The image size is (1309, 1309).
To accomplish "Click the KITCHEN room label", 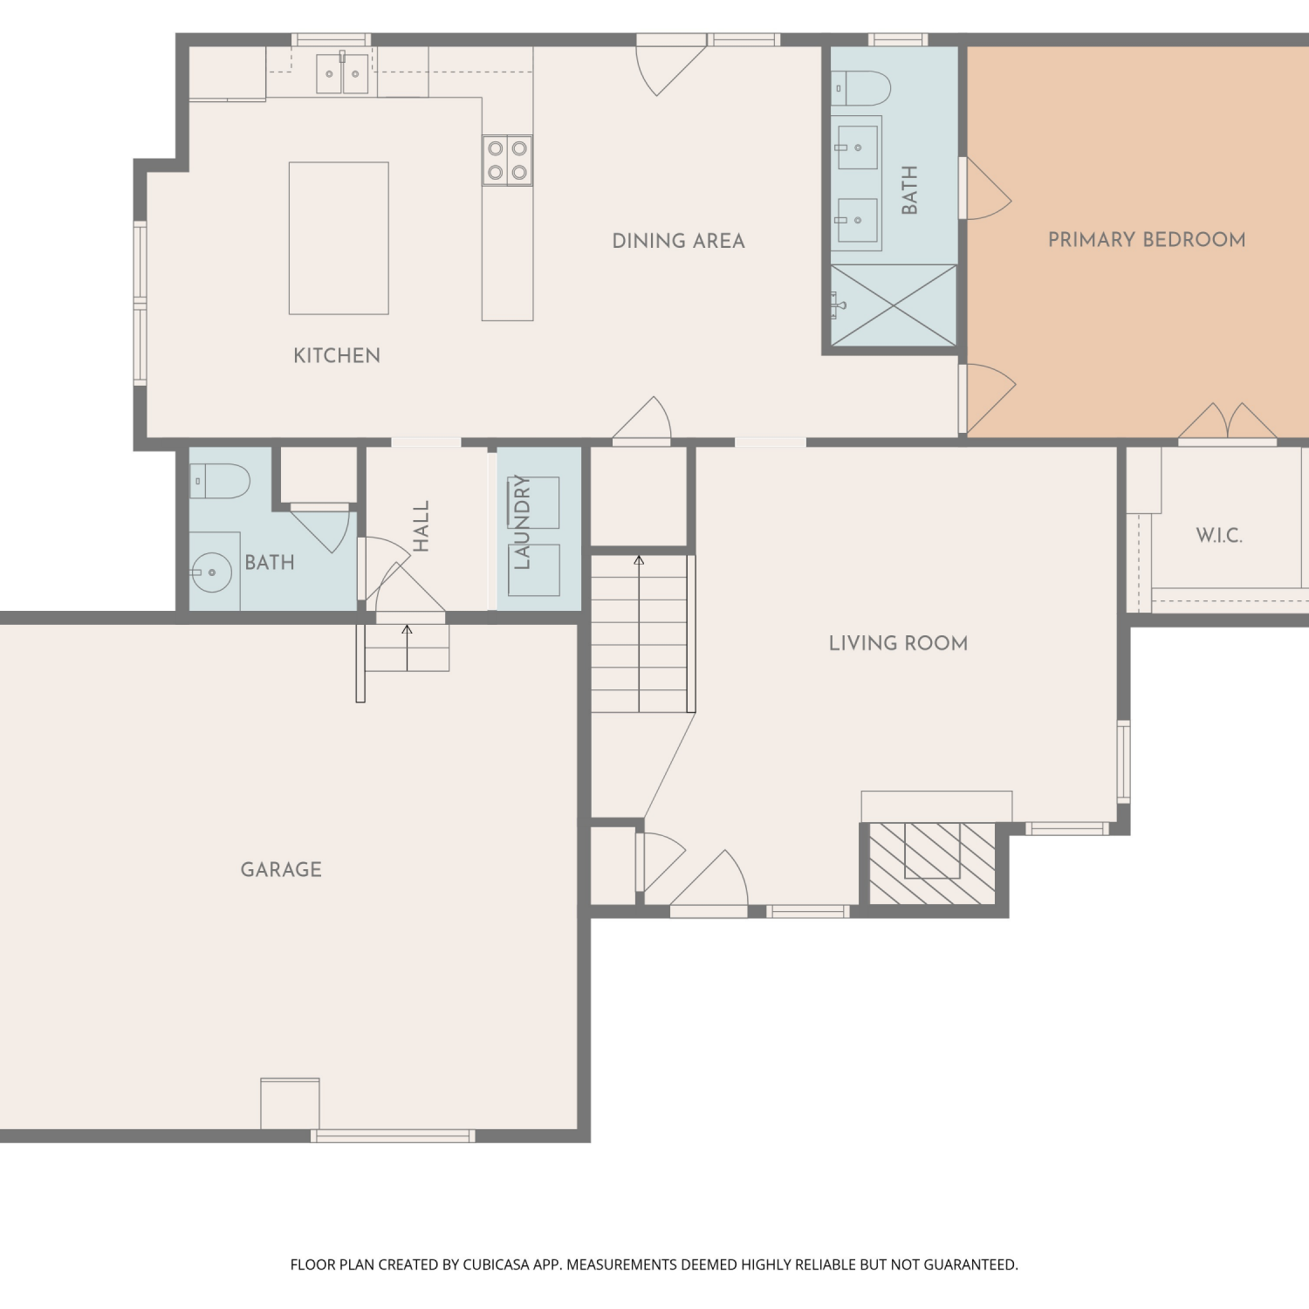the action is click(337, 355).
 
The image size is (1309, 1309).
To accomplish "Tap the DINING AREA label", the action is click(678, 241).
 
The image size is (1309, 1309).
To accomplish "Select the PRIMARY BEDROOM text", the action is click(1147, 239).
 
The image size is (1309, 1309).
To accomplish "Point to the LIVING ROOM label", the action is click(898, 643).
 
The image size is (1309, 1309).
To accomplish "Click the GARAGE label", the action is click(281, 869).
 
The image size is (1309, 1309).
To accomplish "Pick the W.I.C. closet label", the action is click(1219, 535).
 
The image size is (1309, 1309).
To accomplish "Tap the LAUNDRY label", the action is click(522, 522).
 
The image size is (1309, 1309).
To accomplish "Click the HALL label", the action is click(421, 525).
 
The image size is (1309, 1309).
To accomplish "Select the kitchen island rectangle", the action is click(339, 238).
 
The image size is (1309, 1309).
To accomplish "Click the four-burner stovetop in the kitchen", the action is click(507, 161).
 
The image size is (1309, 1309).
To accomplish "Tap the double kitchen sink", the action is click(342, 73).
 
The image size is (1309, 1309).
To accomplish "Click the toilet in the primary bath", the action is click(860, 88).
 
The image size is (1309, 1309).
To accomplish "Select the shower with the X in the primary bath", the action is click(894, 305).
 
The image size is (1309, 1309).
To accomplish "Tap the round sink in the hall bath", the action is click(210, 572).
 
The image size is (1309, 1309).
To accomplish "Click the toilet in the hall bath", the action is click(220, 481).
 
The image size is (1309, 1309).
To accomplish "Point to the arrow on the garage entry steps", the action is click(407, 648).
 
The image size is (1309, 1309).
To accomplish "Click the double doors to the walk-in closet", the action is click(1228, 421).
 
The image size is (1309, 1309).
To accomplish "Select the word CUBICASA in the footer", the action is click(495, 1264).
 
